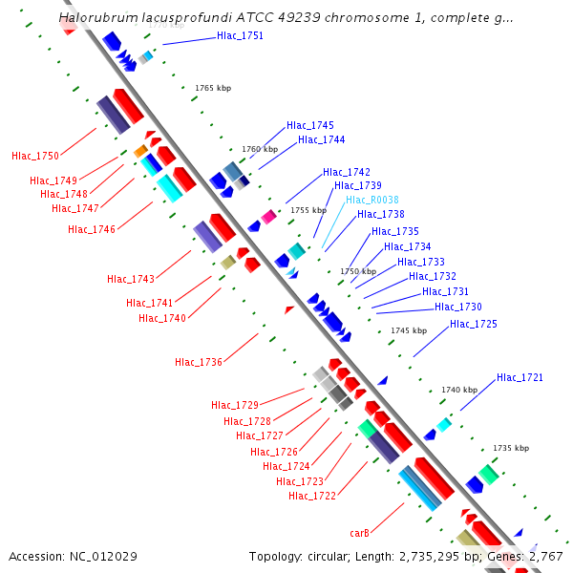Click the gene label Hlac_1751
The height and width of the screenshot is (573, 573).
[x=240, y=36]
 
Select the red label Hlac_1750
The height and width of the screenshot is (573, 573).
[x=35, y=156]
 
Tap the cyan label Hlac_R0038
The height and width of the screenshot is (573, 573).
[x=371, y=200]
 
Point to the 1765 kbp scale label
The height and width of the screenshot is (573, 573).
[x=213, y=88]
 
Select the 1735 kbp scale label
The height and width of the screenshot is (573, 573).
[x=511, y=447]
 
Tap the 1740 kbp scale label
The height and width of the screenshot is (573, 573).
[x=459, y=390]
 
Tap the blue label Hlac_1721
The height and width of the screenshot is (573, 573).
[x=520, y=378]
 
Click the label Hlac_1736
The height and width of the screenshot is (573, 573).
[x=199, y=362]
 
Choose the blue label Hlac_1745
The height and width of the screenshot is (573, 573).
[x=310, y=126]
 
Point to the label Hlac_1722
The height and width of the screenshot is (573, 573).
[x=312, y=496]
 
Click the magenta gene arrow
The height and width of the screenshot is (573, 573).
[x=269, y=217]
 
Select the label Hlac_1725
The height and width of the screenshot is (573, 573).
[x=474, y=325]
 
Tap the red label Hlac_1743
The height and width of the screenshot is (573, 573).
[x=131, y=279]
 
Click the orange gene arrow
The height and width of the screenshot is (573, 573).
[x=140, y=151]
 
